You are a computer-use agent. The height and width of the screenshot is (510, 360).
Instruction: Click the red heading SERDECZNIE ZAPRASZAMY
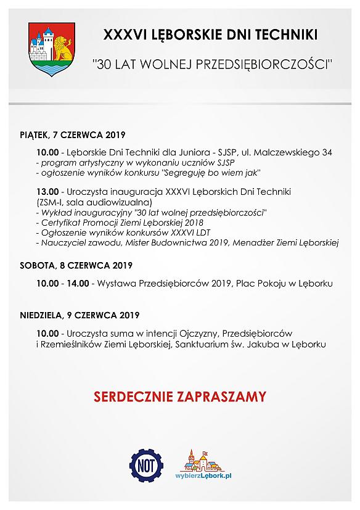pos(180,395)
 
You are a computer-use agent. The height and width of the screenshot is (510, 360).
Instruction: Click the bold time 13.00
pos(47,192)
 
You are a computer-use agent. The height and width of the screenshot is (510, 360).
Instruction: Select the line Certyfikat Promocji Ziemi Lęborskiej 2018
pos(121,222)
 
